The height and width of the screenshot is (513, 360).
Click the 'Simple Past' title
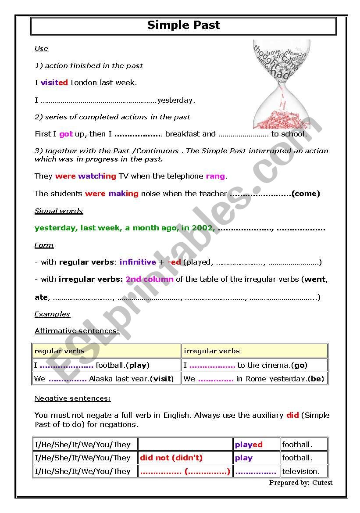(x=183, y=25)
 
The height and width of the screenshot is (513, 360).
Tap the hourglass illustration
(x=282, y=83)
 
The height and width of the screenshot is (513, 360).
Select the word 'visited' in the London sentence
(x=54, y=83)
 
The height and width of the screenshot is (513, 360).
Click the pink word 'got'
(x=66, y=134)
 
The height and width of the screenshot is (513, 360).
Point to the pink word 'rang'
(x=215, y=176)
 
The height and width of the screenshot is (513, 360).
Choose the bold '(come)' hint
(x=306, y=194)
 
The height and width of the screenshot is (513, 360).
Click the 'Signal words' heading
(x=59, y=211)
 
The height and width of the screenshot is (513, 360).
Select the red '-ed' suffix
(x=174, y=262)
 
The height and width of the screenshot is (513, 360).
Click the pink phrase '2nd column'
(x=150, y=279)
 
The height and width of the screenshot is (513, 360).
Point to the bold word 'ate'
(x=41, y=297)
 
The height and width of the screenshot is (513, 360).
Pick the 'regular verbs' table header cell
(x=106, y=351)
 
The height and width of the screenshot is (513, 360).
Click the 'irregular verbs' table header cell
(x=254, y=351)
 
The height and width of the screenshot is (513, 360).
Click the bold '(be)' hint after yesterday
(x=316, y=379)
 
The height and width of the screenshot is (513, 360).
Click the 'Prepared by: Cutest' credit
(x=301, y=483)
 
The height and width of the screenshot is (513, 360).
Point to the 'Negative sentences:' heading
(x=73, y=398)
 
